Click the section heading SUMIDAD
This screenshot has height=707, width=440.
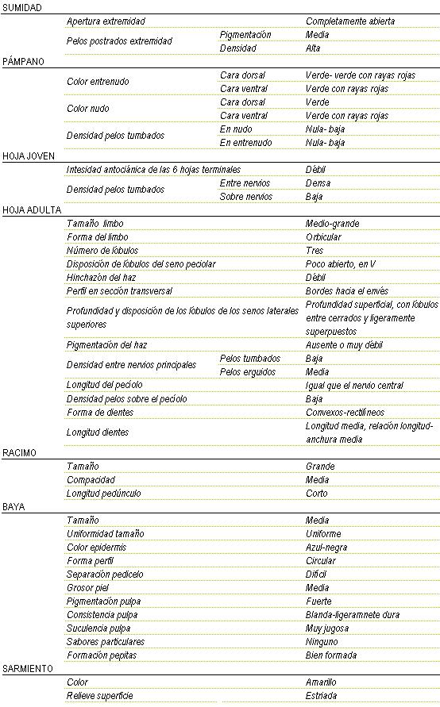pos(22,7)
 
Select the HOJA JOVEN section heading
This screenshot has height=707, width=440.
pos(29,156)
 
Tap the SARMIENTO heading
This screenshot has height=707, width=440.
pos(28,668)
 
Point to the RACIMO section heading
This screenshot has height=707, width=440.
pos(20,452)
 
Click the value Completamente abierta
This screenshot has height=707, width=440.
pos(350,21)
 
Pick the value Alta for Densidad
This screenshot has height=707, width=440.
pos(314,48)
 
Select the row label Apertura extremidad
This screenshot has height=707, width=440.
pos(106,21)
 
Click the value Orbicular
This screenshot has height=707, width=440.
pos(324,237)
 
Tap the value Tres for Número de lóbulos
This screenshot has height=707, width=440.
pos(315,251)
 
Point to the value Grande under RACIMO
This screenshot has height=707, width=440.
pos(321,466)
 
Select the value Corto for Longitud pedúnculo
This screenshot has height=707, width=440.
pos(317,493)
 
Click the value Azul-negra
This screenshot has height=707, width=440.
pos(326,547)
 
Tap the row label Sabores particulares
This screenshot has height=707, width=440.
pos(106,641)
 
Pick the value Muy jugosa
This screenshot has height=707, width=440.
pos(327,628)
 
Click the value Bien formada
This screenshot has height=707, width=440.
pos(331,655)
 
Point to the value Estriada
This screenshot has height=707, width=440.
pos(321,696)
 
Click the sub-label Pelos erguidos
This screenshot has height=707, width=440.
pos(247,371)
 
